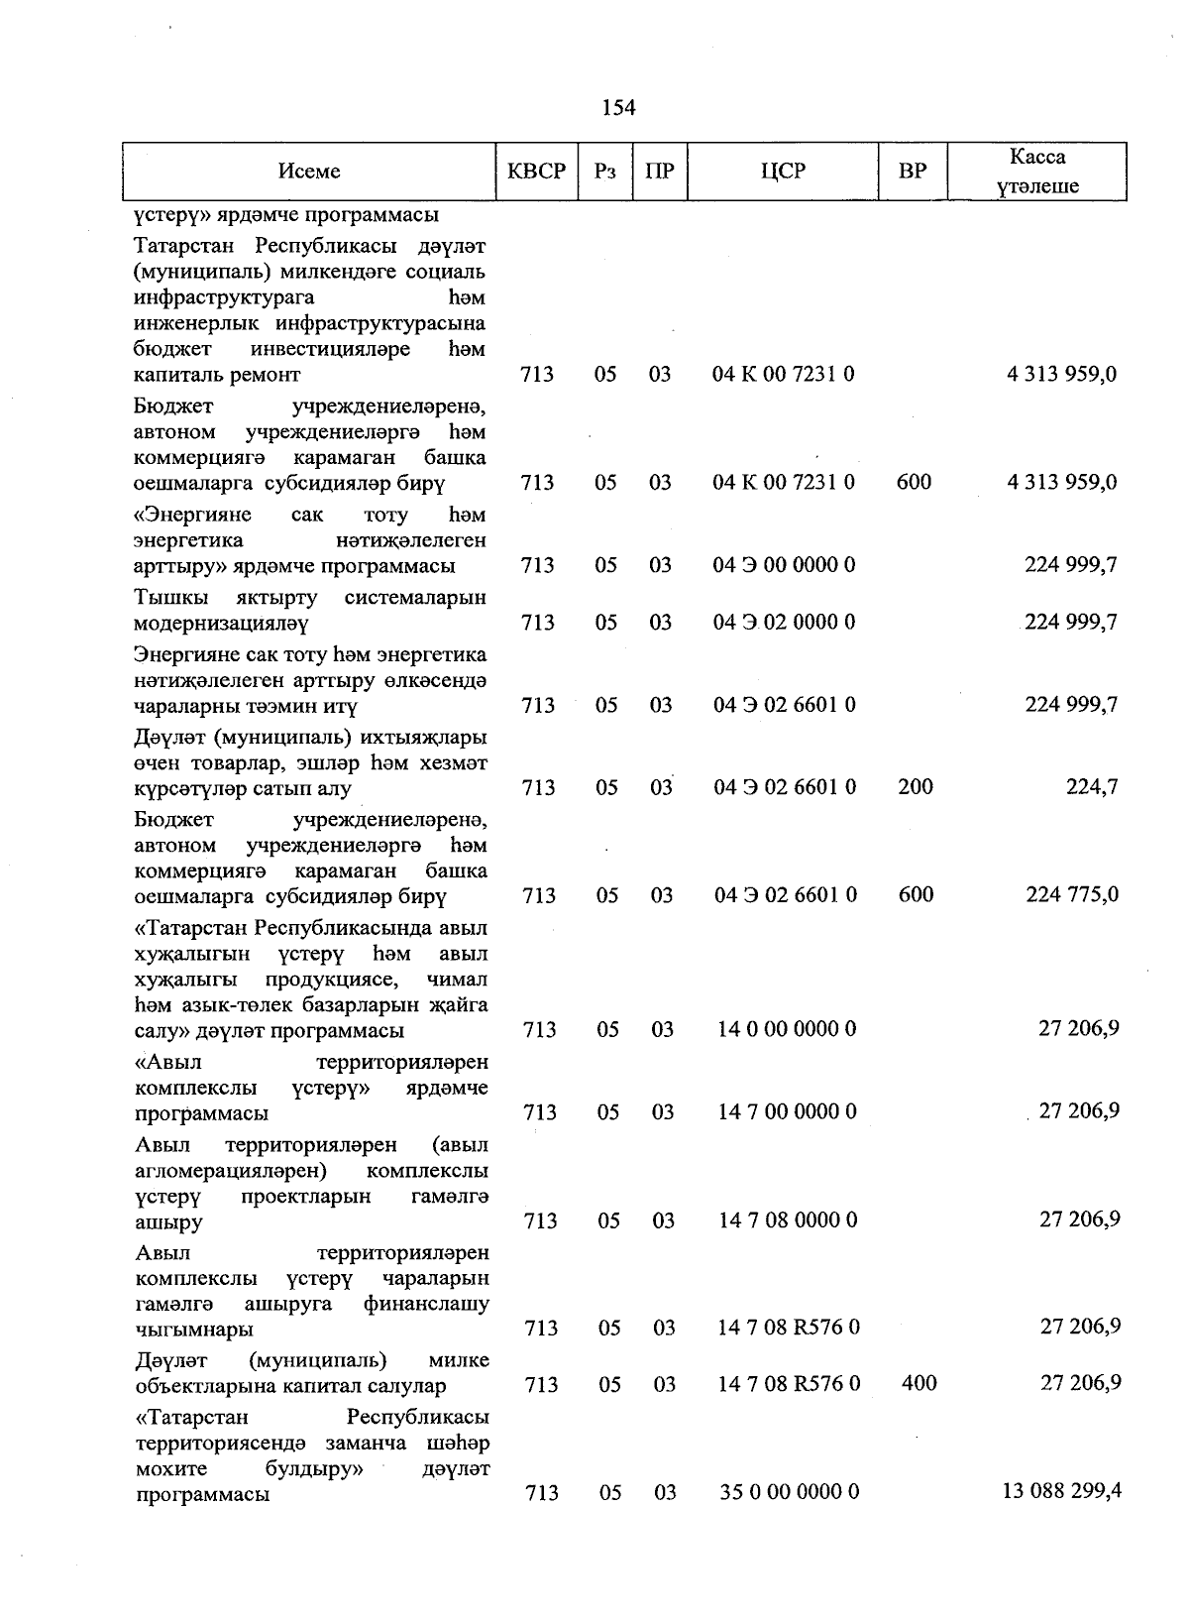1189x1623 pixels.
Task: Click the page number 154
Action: (x=618, y=108)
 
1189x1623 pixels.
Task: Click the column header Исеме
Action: (x=309, y=172)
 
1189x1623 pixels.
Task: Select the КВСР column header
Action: (x=536, y=172)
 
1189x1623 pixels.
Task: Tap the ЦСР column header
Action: (x=783, y=172)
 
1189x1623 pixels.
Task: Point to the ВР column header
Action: (x=912, y=172)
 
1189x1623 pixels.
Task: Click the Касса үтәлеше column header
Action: (x=1037, y=172)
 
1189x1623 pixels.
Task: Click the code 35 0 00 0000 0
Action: (x=789, y=1492)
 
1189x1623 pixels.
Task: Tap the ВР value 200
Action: (x=915, y=787)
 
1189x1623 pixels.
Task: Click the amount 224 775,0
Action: (x=1072, y=894)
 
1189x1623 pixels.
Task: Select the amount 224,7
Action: (x=1092, y=787)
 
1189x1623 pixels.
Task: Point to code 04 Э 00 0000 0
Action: (x=784, y=565)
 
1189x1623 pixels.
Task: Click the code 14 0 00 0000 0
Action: (x=787, y=1029)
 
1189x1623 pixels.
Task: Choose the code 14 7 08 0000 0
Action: (x=788, y=1219)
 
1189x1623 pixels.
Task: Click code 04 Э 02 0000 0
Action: (x=784, y=623)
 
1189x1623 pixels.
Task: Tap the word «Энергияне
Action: (x=192, y=515)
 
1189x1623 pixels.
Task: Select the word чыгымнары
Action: (x=193, y=1329)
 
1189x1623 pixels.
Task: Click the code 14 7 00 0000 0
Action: (x=787, y=1111)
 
